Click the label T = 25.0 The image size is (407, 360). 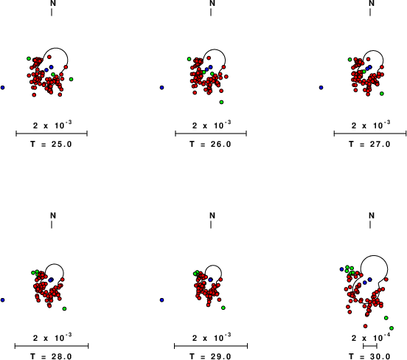coord(51,144)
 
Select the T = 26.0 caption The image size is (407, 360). coord(210,144)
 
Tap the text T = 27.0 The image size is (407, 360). coord(369,144)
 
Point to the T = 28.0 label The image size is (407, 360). coord(51,356)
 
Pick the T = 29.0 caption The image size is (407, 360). coord(210,356)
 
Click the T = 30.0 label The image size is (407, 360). coord(369,356)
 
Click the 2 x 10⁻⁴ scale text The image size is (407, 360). coord(371,337)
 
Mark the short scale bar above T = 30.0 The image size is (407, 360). coord(370,346)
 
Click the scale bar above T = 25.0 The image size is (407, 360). coord(52,134)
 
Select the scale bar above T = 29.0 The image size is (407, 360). coord(211,346)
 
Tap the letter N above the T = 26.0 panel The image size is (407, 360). coord(212,3)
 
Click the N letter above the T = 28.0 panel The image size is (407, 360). coord(53,215)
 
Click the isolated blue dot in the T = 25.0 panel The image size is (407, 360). coord(3,88)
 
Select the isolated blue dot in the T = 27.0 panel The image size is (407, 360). coord(321,88)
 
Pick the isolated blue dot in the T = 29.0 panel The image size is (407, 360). coord(162,300)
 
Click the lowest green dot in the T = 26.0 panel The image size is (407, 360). coord(221,103)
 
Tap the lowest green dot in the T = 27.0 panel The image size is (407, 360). coord(382,94)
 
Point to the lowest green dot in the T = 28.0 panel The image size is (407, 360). coord(64,308)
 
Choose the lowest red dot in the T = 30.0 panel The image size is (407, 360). coord(366,326)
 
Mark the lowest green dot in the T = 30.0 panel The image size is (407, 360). coord(392,328)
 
